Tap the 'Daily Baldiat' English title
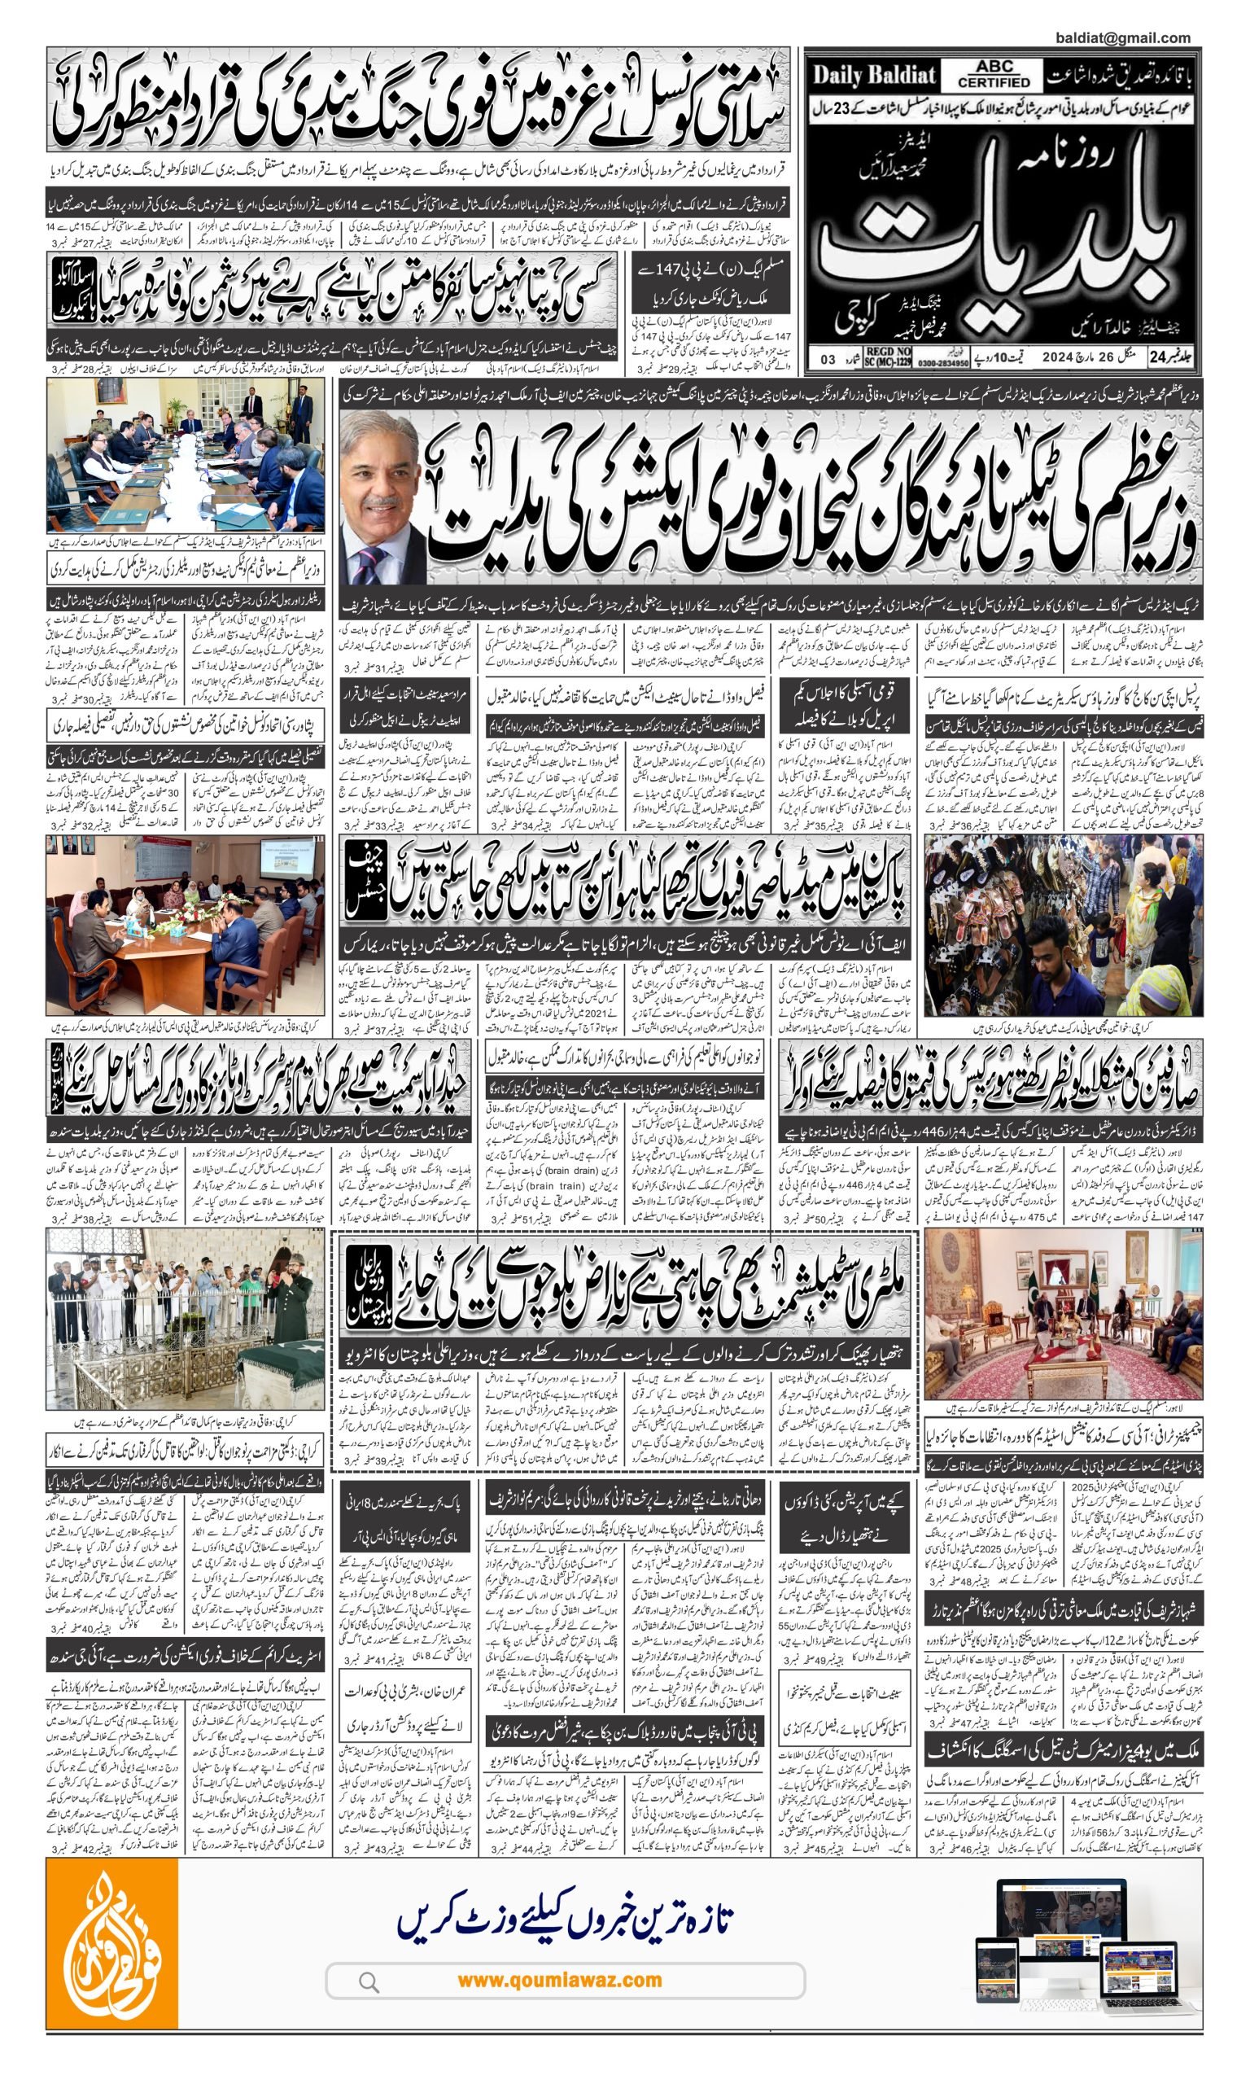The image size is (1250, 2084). coord(873,76)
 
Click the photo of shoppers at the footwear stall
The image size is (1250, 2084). coord(1063,925)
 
